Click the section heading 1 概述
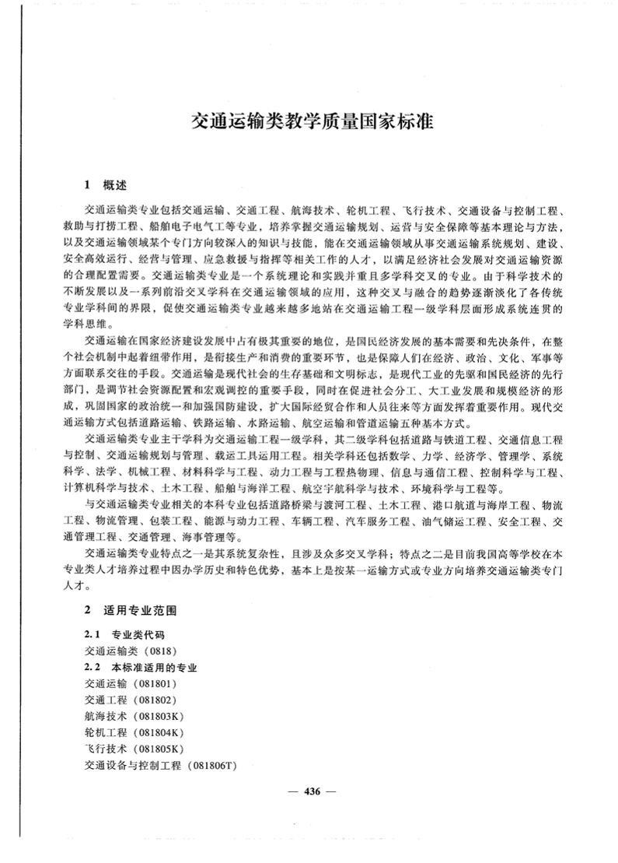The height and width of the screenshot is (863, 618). coord(106,187)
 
